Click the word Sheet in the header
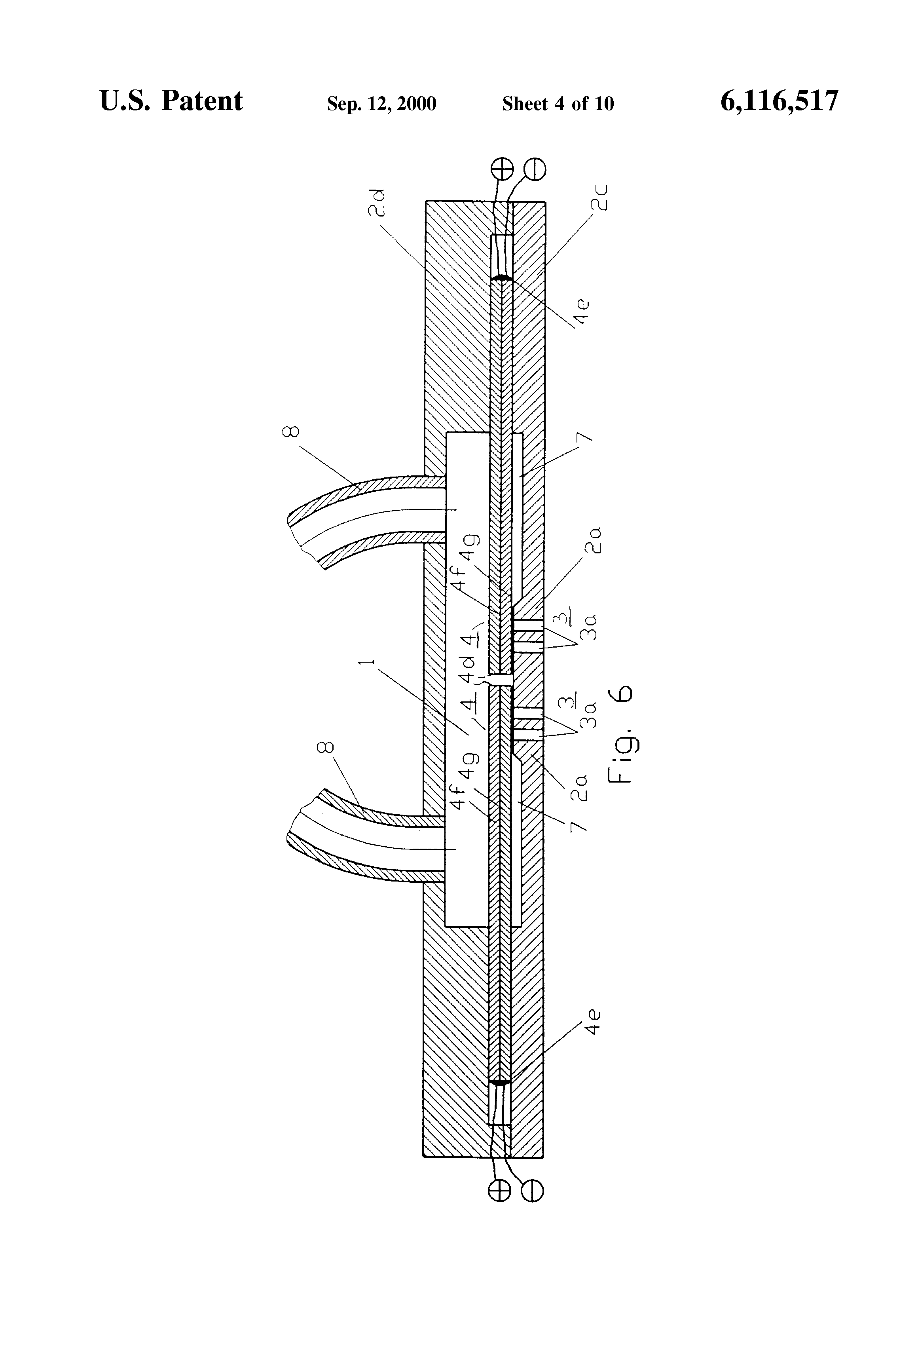pyautogui.click(x=525, y=104)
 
